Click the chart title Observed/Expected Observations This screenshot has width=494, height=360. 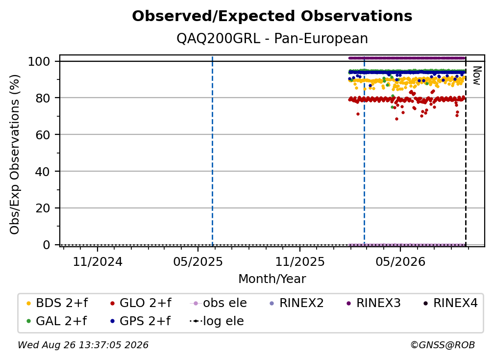point(272,16)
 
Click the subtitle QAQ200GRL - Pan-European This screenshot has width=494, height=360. point(272,38)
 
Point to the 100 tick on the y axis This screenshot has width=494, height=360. point(39,61)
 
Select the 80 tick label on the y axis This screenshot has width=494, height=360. point(43,98)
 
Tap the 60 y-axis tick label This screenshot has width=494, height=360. point(43,134)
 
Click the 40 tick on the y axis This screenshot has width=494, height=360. point(43,172)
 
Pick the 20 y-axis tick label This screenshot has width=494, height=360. point(43,208)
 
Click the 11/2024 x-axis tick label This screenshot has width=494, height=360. point(98,261)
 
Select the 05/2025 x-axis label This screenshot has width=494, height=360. point(198,261)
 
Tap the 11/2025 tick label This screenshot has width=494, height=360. point(300,261)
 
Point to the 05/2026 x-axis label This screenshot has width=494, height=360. point(400,261)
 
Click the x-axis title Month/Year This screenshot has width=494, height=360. point(272,279)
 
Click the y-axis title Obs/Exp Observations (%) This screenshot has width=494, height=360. point(15,154)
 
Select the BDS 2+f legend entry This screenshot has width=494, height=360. point(57,303)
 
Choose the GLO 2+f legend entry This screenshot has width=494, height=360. point(141,303)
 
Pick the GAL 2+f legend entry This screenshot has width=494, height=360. point(56,321)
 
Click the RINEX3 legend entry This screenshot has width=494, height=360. point(373,303)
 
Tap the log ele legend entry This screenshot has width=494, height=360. point(217,321)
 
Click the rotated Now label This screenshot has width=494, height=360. point(477,76)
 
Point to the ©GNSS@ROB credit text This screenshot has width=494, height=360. point(443,345)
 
